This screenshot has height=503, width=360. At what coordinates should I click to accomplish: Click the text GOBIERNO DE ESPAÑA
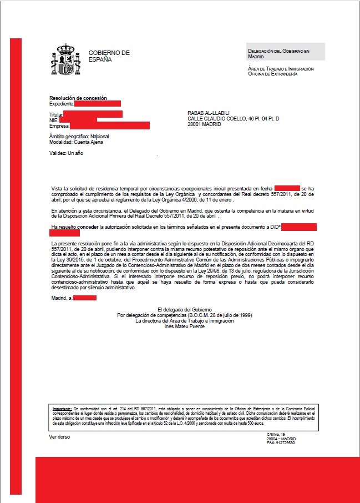click(x=109, y=56)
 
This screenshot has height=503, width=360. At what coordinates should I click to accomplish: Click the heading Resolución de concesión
click(x=78, y=98)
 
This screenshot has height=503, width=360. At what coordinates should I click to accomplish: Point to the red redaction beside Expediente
click(x=97, y=104)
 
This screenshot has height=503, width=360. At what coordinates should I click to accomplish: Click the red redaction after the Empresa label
click(x=114, y=125)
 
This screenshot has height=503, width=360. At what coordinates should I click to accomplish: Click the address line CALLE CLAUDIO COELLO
click(x=233, y=119)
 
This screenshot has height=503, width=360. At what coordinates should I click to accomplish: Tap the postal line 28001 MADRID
click(x=204, y=125)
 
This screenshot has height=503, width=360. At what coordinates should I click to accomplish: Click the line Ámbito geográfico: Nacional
click(x=79, y=136)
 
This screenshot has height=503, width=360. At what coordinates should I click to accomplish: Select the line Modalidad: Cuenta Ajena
click(x=76, y=142)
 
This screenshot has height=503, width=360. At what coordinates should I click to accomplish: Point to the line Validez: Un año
click(x=66, y=153)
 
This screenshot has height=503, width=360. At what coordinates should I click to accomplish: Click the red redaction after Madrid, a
click(x=85, y=298)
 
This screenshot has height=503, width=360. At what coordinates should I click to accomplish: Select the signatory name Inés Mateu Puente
click(x=185, y=326)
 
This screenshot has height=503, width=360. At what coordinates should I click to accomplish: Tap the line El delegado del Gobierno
click(x=185, y=309)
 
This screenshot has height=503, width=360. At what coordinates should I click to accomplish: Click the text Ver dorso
click(x=59, y=437)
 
